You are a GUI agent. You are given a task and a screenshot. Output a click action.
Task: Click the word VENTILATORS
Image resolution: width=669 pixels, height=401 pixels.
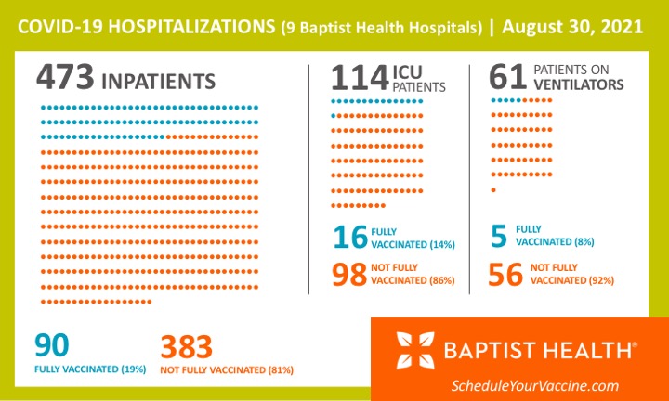[578, 85]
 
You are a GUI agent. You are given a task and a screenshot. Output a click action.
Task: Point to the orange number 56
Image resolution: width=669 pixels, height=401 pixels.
[507, 274]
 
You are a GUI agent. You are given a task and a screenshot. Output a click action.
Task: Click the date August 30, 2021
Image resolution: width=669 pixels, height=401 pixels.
[572, 28]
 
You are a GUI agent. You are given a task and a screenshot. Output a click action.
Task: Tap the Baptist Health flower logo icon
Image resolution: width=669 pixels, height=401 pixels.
[415, 351]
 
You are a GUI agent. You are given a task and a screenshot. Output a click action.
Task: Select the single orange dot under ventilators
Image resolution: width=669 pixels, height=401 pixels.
[492, 190]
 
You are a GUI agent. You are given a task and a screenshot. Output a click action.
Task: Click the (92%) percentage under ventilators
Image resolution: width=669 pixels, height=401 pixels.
[600, 279]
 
